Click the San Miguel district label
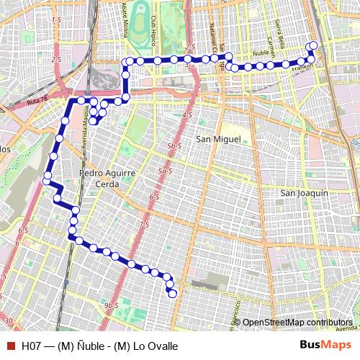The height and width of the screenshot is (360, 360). (217, 138)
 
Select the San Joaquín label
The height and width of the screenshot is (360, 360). (304, 193)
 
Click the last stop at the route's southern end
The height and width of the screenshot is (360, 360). (172, 292)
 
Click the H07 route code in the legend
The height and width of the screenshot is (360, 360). (31, 346)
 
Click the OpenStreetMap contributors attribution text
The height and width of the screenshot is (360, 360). (297, 322)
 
